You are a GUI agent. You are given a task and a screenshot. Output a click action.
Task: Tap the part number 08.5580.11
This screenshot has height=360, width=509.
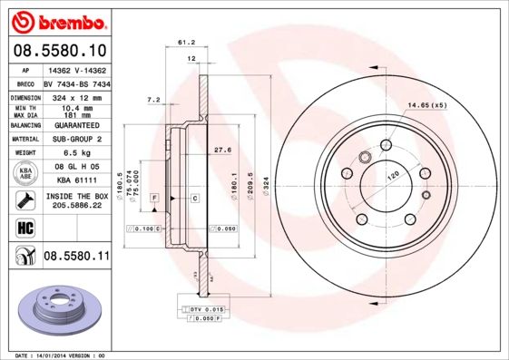tap(76, 258)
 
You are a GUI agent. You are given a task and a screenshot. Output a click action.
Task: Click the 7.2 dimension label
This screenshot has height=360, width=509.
tap(153, 99)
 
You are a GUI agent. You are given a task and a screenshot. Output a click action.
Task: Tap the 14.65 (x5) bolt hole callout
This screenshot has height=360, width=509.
tap(427, 106)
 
